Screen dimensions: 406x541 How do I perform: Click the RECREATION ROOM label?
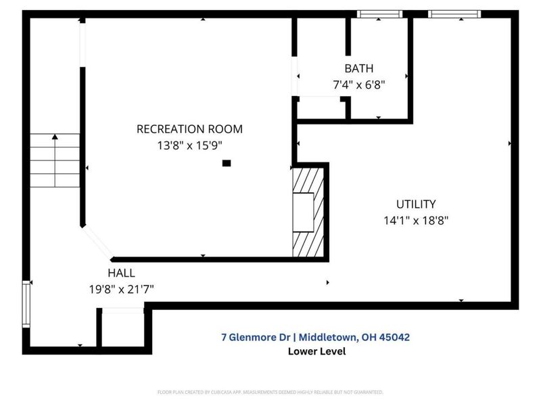coord(189,129)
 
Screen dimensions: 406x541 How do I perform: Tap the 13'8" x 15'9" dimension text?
coord(189,144)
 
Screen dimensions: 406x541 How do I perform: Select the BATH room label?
coord(358,68)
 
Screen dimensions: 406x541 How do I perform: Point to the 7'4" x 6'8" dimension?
coord(358,85)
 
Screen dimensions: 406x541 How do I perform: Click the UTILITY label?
coord(416,204)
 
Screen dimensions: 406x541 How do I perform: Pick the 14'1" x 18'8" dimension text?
coord(416,220)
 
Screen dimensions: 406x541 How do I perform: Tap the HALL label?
coord(121,273)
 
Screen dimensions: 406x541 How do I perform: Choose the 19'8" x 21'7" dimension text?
coord(121,289)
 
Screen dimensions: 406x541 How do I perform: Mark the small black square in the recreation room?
coord(227,163)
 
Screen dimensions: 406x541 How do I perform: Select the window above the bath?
coord(379,14)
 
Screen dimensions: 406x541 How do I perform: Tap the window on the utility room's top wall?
coord(454,14)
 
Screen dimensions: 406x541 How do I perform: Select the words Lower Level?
coord(316,351)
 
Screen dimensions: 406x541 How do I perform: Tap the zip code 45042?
coord(395,336)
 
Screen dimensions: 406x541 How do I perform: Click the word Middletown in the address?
coord(325,336)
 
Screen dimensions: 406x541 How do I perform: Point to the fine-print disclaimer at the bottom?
coord(270,392)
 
